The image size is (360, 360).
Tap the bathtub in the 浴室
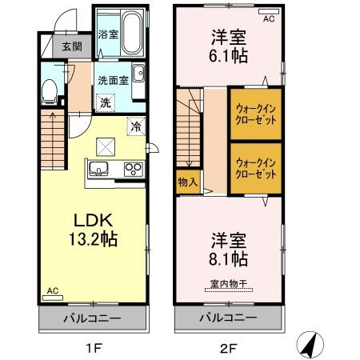click(129, 33)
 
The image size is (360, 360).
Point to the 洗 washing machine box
click(105, 102)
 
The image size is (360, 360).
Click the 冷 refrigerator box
click(136, 126)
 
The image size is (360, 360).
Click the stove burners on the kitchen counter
click(133, 169)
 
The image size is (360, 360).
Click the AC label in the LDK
click(52, 291)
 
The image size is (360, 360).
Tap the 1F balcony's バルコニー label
click(93, 318)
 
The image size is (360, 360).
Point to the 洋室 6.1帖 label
click(227, 45)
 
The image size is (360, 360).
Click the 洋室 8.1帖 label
click(228, 249)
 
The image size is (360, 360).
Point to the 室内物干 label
click(228, 283)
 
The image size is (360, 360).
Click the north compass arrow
click(309, 343)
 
